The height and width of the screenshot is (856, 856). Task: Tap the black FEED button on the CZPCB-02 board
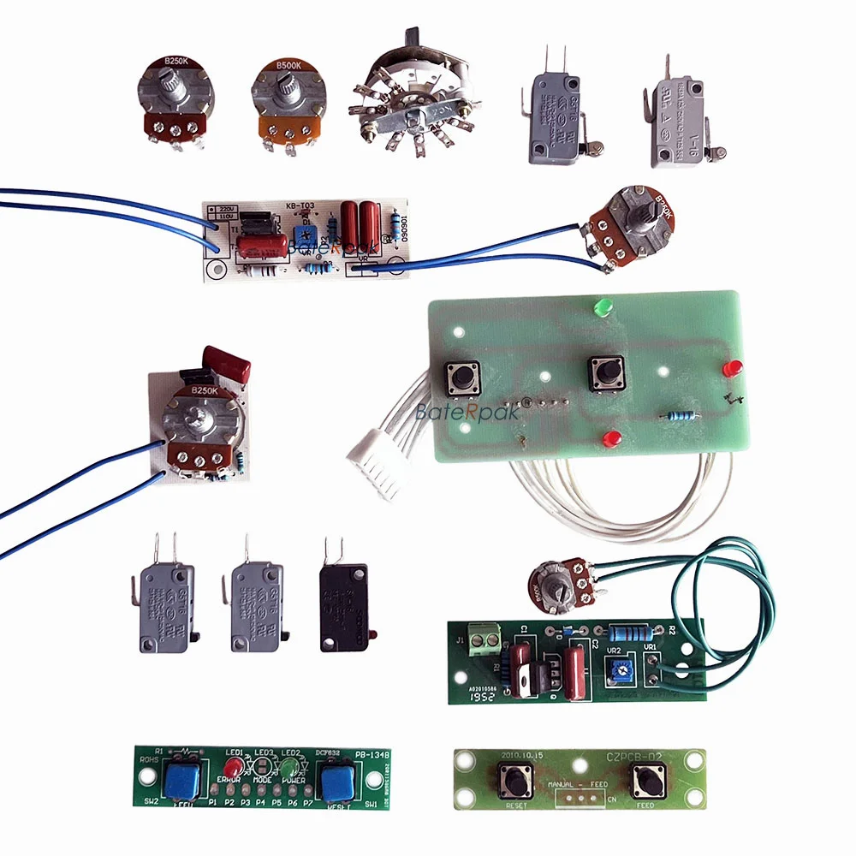(x=645, y=780)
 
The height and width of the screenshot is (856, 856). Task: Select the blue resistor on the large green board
(x=677, y=417)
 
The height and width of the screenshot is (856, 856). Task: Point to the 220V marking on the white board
(x=225, y=209)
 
